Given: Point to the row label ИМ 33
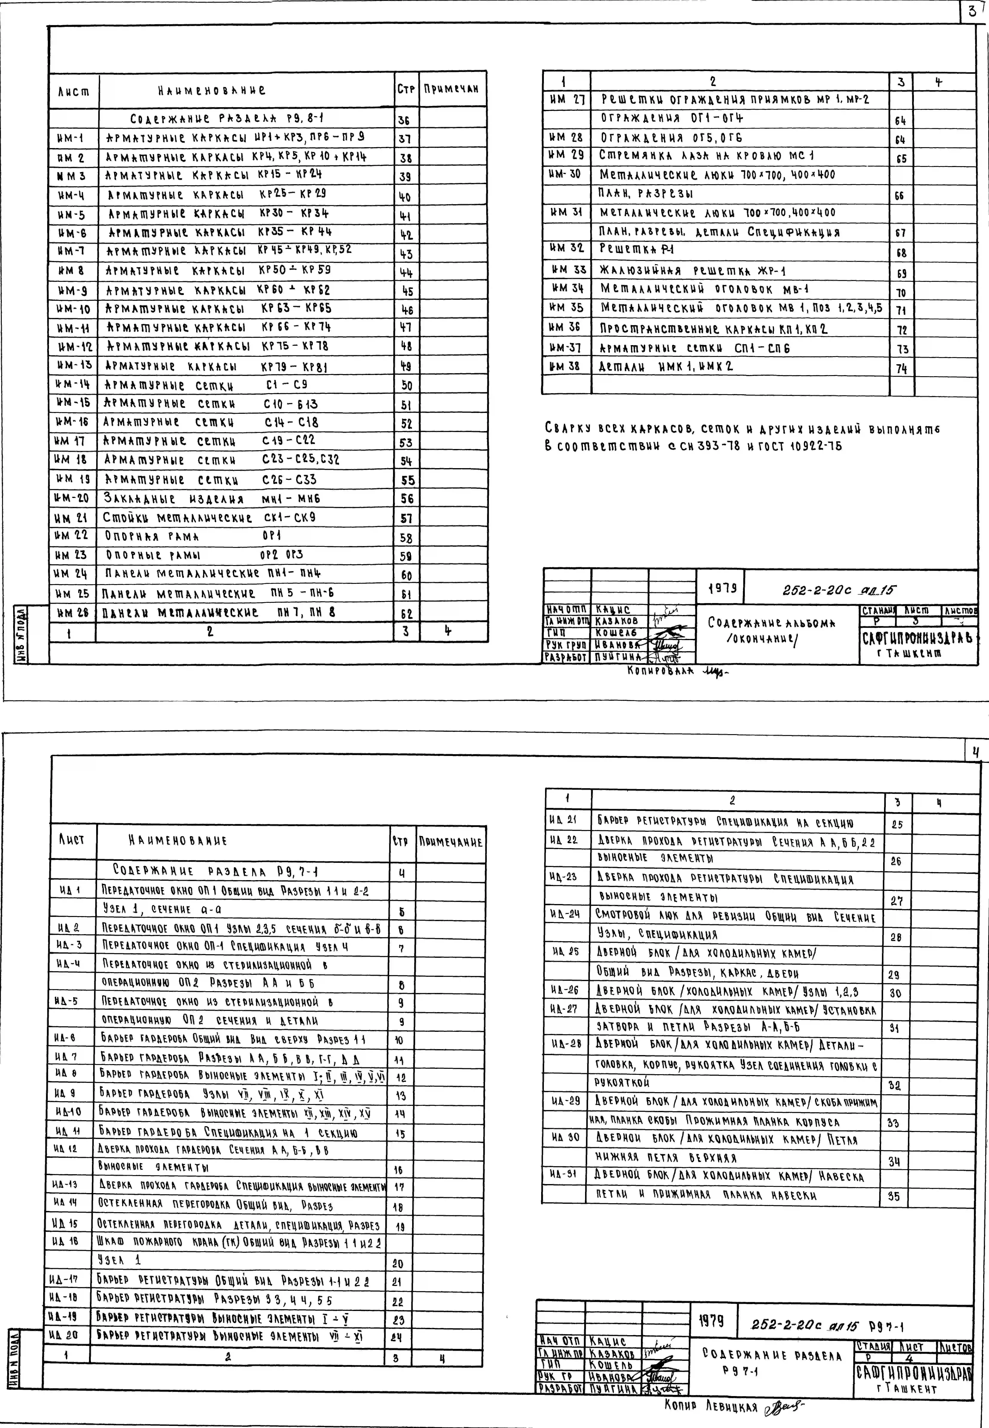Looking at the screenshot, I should (568, 270).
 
